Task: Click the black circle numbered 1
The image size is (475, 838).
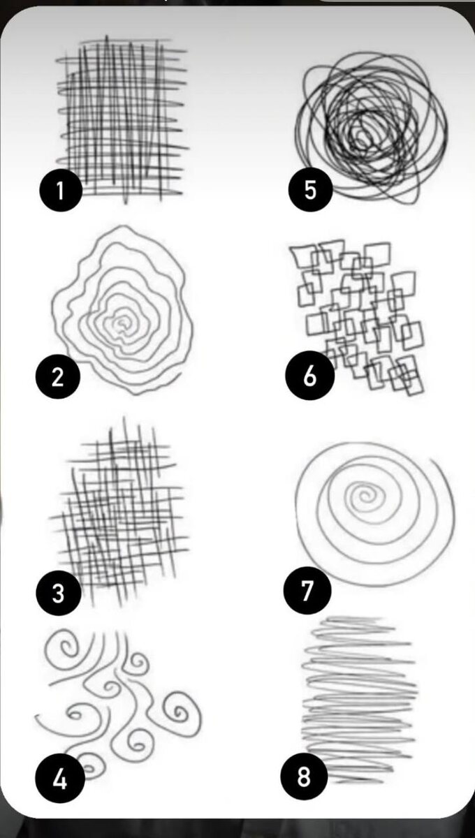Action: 61,190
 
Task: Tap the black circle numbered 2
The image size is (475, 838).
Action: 58,376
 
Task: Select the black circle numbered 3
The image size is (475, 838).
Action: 59,593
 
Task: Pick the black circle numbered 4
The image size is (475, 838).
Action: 60,778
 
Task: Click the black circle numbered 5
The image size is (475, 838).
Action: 310,189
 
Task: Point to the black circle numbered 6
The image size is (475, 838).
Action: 310,375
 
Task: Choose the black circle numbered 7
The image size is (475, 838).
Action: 307,590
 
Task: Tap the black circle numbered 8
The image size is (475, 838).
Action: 304,774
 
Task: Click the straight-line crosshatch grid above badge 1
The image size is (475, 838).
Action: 122,119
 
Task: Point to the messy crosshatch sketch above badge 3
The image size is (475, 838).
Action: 119,513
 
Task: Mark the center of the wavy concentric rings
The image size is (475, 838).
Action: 122,323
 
